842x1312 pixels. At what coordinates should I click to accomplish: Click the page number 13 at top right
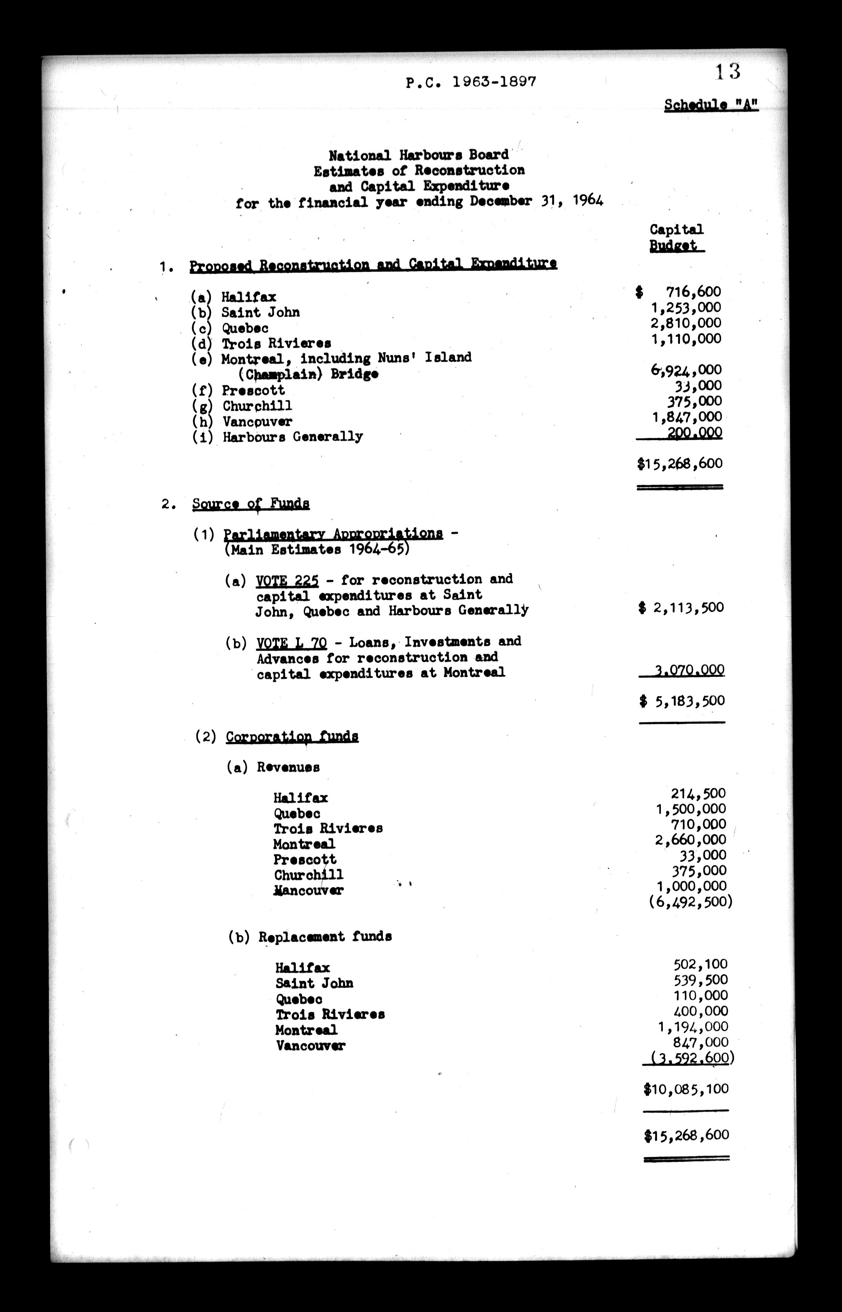[x=728, y=72]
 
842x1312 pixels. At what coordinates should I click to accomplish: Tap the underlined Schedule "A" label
[x=711, y=105]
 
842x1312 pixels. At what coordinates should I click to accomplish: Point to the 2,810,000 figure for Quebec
[x=686, y=323]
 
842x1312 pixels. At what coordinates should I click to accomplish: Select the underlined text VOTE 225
[x=287, y=580]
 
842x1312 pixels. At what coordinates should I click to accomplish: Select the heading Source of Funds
[x=251, y=503]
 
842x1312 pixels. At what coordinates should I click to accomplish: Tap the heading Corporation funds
[x=292, y=736]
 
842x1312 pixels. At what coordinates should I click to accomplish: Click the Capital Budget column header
[x=676, y=237]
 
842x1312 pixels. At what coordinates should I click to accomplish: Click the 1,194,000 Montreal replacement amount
[x=693, y=1027]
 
